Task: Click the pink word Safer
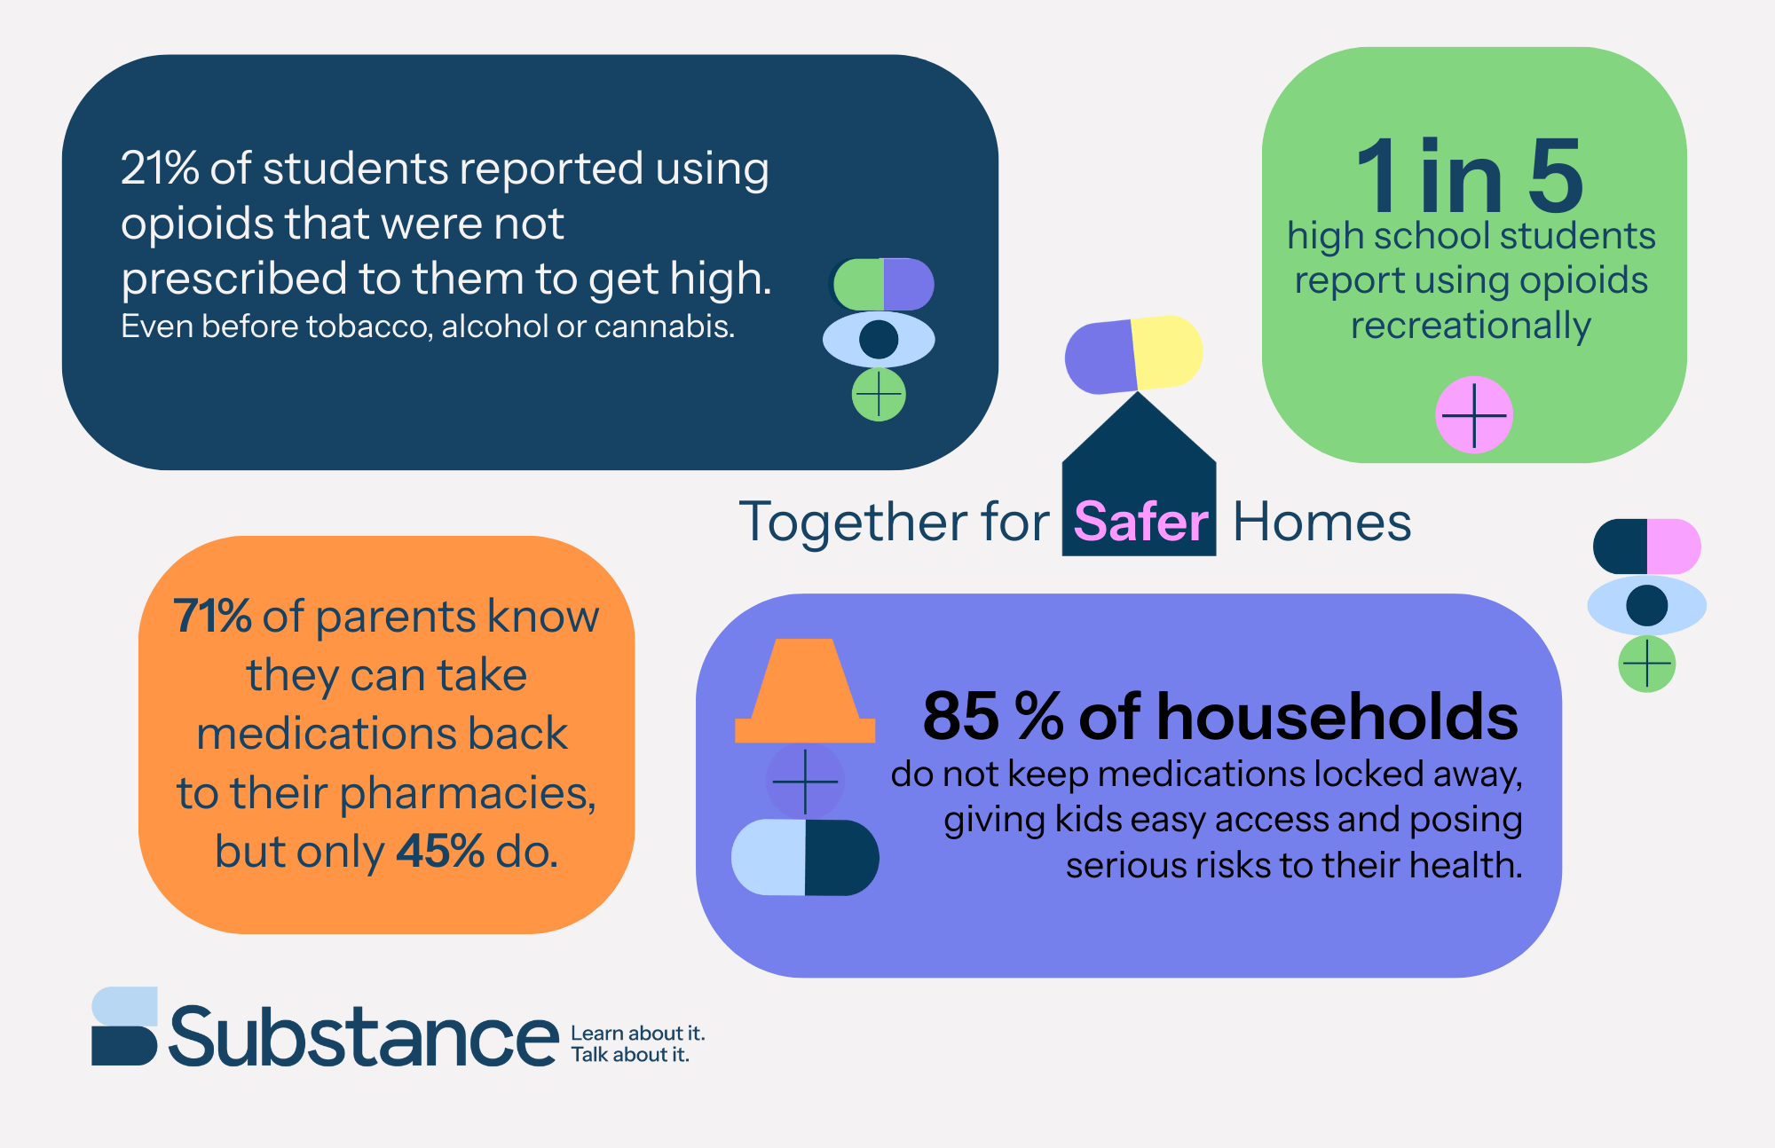click(1140, 522)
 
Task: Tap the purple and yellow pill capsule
click(1134, 354)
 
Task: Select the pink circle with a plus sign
click(1474, 414)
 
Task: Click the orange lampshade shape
click(805, 690)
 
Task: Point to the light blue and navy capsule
click(805, 857)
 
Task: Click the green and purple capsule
click(883, 284)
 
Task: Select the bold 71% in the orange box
click(212, 616)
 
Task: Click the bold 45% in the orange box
click(440, 851)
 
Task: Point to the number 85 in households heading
click(961, 716)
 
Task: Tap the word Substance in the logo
click(363, 1035)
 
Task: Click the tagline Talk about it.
click(630, 1055)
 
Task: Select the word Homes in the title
click(1321, 522)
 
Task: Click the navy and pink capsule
click(1647, 546)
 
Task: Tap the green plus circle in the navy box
click(879, 395)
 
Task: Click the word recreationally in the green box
click(1471, 326)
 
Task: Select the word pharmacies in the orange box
click(468, 793)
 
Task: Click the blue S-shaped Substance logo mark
click(124, 1026)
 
